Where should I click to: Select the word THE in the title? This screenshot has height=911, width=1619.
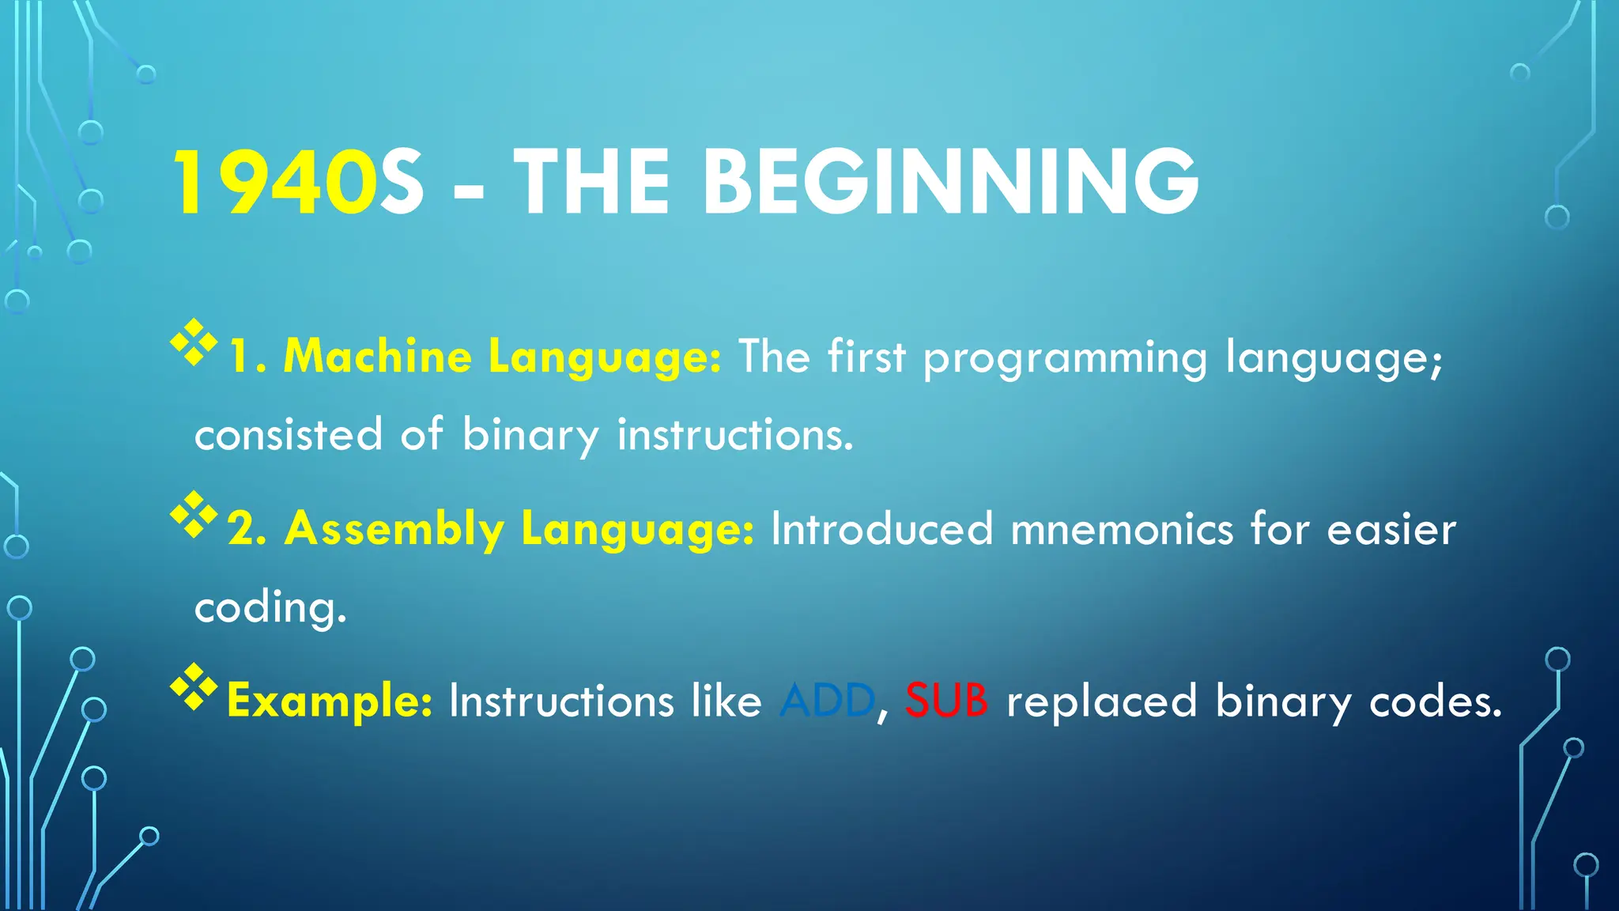[593, 183]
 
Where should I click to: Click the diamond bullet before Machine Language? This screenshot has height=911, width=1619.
[194, 342]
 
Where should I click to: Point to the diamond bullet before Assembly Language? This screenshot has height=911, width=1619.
[194, 515]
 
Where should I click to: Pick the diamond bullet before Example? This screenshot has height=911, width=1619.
[194, 686]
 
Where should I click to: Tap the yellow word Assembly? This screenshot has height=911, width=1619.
[394, 528]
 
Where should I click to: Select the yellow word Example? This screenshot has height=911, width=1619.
[330, 701]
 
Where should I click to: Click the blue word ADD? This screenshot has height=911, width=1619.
[827, 701]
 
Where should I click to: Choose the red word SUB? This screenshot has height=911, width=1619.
[946, 701]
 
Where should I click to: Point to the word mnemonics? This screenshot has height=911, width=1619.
[1122, 528]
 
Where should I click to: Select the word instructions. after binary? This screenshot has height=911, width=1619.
[735, 435]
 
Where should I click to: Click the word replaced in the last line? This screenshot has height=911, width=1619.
[1101, 701]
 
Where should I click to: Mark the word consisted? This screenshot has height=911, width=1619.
[289, 435]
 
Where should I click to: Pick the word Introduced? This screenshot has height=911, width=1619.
[881, 528]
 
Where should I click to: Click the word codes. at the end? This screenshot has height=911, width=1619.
[1435, 701]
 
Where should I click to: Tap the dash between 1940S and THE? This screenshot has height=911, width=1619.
[469, 190]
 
